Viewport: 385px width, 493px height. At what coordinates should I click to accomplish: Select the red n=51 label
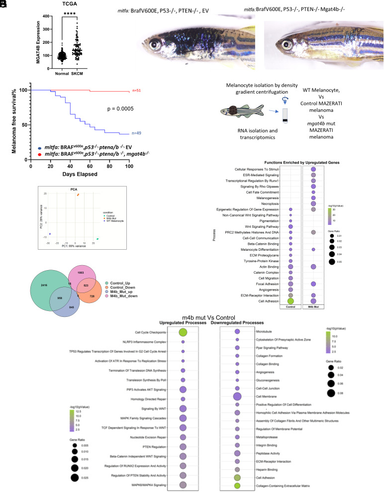point(136,91)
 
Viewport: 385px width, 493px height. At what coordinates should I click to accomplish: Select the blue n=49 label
point(136,134)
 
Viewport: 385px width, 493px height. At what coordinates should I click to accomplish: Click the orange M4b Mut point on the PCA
point(78,195)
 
